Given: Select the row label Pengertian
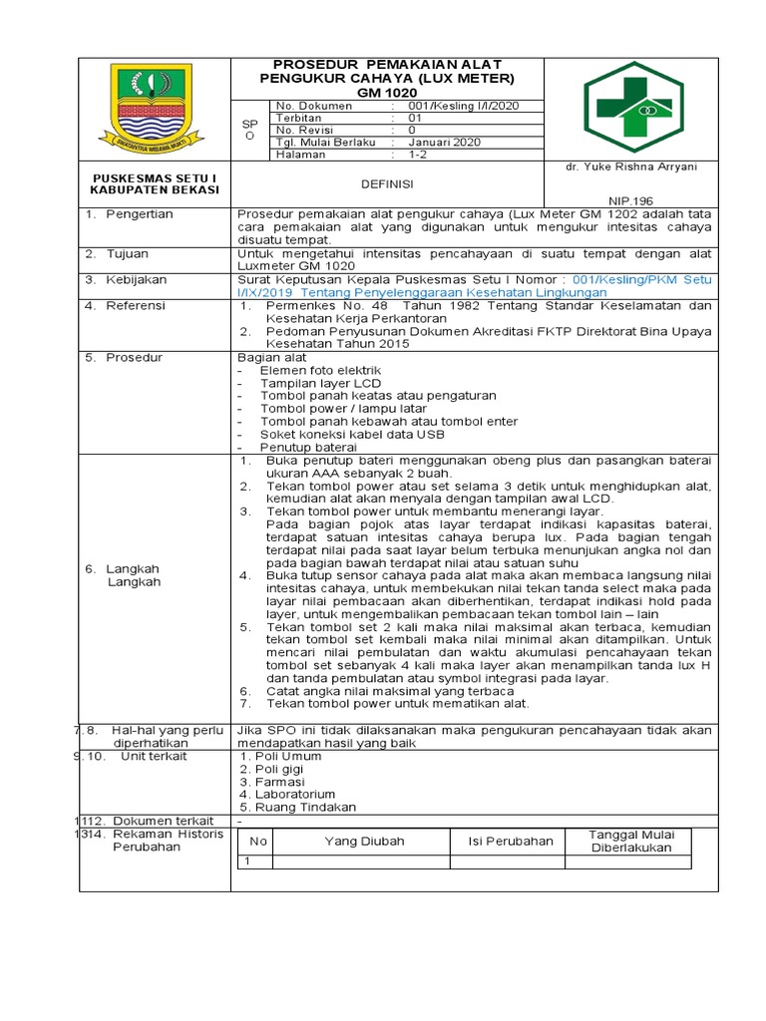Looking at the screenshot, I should point(140,214).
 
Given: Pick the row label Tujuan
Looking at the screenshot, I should point(130,254).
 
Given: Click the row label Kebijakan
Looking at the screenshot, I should point(137,280).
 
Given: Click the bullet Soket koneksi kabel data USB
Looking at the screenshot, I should point(352,435).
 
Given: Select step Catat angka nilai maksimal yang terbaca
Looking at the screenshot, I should point(390,690).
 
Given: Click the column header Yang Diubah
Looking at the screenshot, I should point(364,842).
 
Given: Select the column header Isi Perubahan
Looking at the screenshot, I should point(511,842).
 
